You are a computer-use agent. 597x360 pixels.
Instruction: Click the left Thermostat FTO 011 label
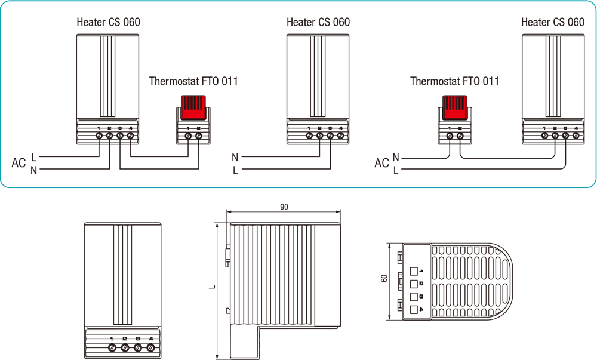193,81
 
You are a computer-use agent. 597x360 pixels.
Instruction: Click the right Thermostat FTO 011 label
454,81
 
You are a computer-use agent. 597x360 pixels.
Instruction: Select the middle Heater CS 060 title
318,23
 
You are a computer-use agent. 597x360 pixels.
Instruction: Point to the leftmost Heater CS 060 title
109,23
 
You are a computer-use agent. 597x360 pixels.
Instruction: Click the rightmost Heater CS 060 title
553,23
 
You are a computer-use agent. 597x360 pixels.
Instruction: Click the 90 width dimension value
284,207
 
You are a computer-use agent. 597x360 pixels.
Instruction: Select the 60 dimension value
384,278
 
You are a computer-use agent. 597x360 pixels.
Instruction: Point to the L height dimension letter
212,288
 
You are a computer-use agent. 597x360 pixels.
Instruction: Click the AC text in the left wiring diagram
19,163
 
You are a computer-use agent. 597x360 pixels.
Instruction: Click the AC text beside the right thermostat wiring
381,163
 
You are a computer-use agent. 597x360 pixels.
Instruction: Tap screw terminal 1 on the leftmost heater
99,136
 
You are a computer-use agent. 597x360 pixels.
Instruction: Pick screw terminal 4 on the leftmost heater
130,136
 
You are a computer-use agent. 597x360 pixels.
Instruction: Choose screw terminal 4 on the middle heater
340,136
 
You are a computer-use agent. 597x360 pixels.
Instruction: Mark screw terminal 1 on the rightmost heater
544,136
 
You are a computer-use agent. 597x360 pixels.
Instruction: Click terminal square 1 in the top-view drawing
413,270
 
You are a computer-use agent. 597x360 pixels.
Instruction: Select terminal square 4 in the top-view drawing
413,309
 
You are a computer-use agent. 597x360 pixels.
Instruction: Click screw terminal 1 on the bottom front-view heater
112,347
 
